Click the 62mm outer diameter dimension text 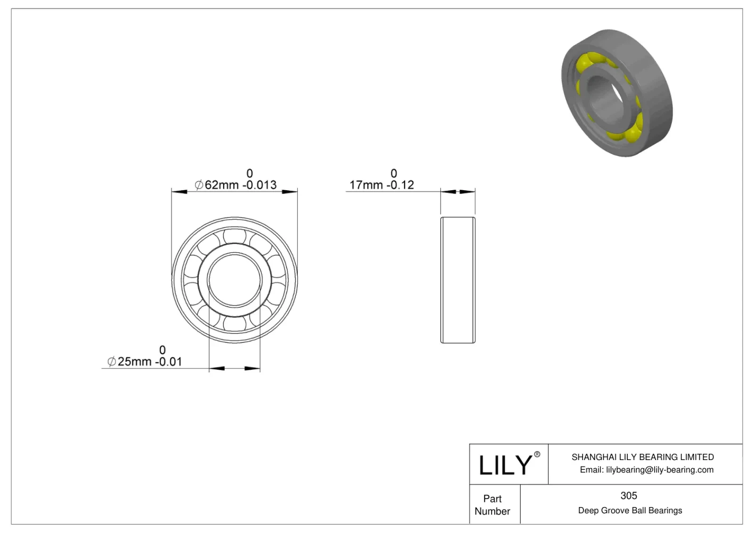point(222,185)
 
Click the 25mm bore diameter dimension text point(134,362)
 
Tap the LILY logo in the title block point(505,465)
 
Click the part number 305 point(629,495)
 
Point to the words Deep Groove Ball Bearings point(630,510)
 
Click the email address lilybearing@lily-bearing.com point(659,469)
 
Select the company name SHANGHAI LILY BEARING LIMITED point(642,457)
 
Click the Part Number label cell point(492,505)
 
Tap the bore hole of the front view point(234,280)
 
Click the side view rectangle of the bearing point(458,280)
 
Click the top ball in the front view point(234,235)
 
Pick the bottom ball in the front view point(234,324)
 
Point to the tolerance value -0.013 point(260,185)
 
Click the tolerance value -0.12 point(400,185)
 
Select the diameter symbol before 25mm point(112,362)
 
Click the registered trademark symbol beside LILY point(537,454)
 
